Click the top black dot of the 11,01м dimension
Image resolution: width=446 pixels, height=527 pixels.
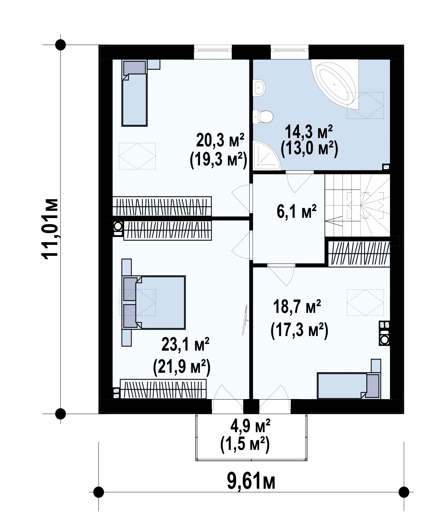60,45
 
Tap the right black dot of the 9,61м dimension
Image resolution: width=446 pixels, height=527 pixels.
404,492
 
